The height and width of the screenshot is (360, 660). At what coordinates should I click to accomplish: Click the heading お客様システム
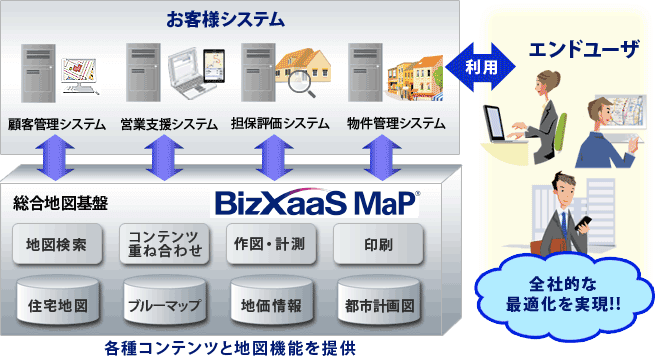[225, 18]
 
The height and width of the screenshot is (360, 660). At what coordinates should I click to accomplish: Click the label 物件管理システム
[396, 124]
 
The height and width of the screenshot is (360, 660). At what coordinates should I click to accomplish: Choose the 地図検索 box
[58, 244]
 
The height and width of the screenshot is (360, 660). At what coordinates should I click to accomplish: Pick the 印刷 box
[376, 244]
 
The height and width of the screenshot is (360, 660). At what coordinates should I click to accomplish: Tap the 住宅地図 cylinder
[58, 301]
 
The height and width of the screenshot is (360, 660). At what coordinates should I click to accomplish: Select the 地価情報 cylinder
[270, 301]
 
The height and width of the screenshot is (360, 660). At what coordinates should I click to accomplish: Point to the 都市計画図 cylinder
[376, 301]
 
